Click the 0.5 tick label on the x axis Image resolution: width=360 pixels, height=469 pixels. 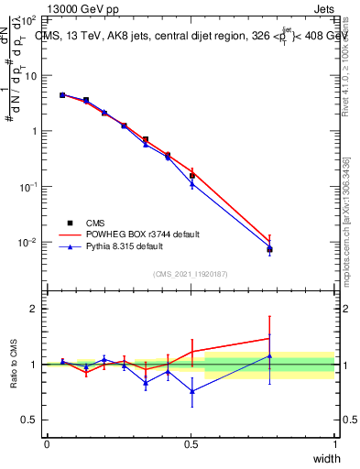[191, 443]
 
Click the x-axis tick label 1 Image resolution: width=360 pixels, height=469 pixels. [334, 443]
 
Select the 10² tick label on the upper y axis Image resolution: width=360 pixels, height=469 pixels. [29, 20]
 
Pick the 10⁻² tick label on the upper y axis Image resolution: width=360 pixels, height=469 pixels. [29, 243]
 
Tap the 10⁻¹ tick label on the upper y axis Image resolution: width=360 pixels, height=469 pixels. [29, 187]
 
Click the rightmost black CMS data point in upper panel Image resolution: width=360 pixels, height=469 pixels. [269, 249]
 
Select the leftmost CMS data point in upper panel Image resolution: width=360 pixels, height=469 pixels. [62, 94]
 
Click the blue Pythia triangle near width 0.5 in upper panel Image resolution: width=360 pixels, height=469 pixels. [192, 184]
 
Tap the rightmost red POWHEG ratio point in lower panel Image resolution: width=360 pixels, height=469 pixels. [269, 338]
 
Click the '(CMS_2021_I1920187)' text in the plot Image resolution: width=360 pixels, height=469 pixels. [191, 274]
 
